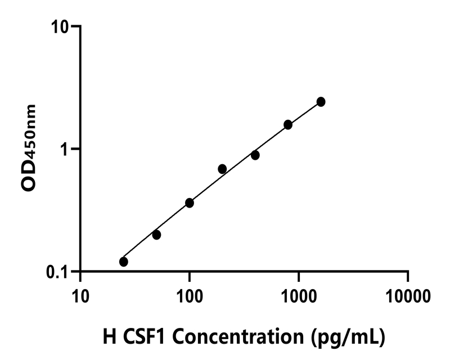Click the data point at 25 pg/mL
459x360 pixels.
tap(124, 262)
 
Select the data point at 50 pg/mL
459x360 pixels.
tap(156, 235)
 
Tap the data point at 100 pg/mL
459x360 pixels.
tap(190, 202)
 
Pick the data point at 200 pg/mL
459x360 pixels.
tap(222, 169)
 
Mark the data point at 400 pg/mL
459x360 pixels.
tap(255, 155)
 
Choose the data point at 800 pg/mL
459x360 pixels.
tap(288, 124)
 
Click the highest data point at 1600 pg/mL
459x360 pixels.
tap(321, 101)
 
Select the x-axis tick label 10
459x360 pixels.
tap(80, 295)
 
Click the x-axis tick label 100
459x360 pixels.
tap(190, 295)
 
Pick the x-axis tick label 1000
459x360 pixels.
tap(299, 295)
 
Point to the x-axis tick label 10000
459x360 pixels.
tap(408, 295)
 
